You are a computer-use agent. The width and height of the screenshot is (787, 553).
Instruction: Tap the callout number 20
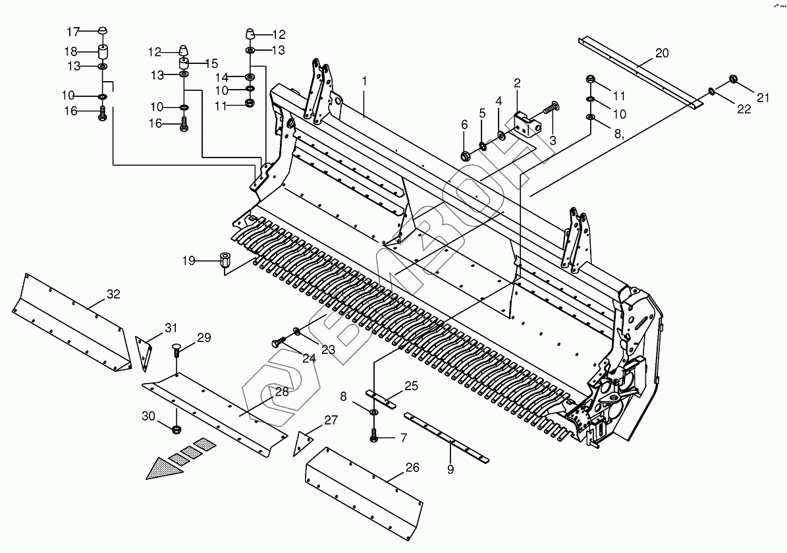[662, 52]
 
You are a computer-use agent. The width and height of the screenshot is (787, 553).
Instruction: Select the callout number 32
[113, 295]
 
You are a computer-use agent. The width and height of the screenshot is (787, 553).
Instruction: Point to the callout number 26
[412, 469]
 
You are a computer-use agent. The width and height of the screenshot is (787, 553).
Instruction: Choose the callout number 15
[211, 63]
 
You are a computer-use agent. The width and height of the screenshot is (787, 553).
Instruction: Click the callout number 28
[282, 392]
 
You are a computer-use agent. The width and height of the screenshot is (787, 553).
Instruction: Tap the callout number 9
[450, 470]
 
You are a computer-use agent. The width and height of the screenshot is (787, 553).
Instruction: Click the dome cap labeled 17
[103, 31]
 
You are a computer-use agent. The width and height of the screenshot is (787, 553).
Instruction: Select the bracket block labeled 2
[526, 123]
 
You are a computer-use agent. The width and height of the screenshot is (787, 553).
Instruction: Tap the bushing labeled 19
[225, 260]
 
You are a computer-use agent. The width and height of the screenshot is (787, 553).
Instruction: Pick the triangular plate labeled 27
[304, 442]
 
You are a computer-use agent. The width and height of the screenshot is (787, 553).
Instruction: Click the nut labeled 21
[733, 80]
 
